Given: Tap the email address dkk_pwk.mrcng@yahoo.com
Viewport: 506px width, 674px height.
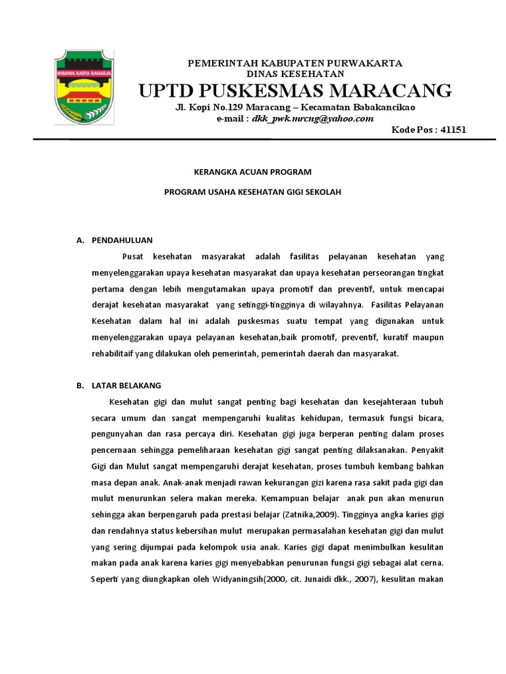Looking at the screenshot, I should (x=312, y=118).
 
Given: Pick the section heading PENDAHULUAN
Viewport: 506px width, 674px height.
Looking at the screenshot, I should (x=123, y=240).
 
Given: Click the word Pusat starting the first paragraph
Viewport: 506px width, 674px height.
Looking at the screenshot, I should (x=133, y=256).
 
